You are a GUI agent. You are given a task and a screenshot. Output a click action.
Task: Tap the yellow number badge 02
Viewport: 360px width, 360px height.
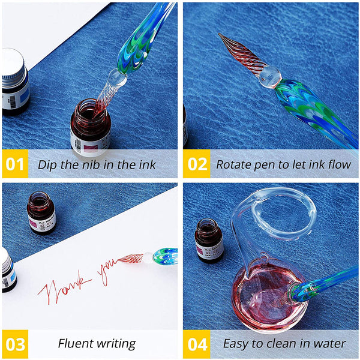tap(197, 164)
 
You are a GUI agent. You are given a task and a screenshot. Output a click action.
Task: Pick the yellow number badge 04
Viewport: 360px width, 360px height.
tap(197, 344)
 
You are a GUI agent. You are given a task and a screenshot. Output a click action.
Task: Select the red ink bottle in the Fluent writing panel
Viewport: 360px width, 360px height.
tap(41, 213)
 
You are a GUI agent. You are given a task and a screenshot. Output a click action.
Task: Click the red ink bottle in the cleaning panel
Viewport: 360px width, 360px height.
tap(209, 239)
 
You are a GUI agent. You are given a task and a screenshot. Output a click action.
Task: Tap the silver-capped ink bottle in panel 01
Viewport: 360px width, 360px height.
tap(14, 81)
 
